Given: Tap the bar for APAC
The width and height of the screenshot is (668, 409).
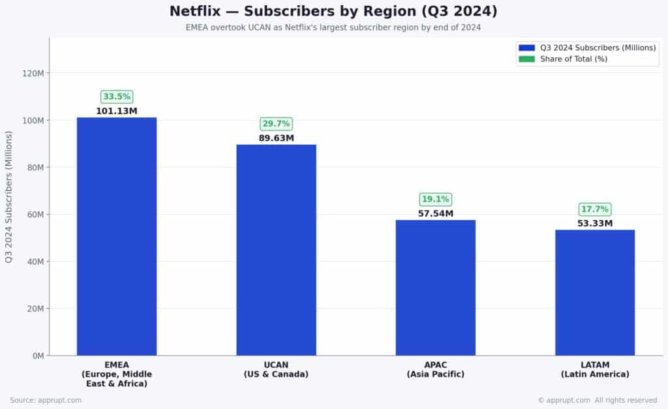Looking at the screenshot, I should tap(435, 288).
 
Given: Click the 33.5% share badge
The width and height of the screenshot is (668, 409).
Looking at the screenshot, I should tap(117, 97).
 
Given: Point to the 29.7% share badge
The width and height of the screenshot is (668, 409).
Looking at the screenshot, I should tap(276, 124).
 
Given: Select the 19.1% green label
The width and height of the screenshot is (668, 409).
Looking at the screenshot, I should tap(435, 200).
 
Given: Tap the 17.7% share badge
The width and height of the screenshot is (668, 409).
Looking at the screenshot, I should tap(594, 209).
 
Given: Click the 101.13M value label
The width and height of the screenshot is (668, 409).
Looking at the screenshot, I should tap(117, 111).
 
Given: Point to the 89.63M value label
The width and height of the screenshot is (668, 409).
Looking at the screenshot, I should tap(276, 138).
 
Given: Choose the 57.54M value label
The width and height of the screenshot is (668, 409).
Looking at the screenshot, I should tap(435, 214).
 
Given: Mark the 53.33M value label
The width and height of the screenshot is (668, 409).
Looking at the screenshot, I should tap(594, 224).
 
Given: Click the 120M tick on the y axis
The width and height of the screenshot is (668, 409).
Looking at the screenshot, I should tap(33, 73).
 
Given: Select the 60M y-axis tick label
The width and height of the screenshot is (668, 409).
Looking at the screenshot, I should tap(35, 215).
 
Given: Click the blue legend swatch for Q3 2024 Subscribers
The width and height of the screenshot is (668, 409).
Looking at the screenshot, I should tap(526, 48).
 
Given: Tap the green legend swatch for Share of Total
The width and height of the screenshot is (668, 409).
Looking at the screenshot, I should tap(526, 59).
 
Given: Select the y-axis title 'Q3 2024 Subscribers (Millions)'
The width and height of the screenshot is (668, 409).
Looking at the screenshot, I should tap(8, 196).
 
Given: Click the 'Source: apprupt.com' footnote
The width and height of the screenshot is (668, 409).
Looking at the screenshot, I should tap(46, 400).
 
